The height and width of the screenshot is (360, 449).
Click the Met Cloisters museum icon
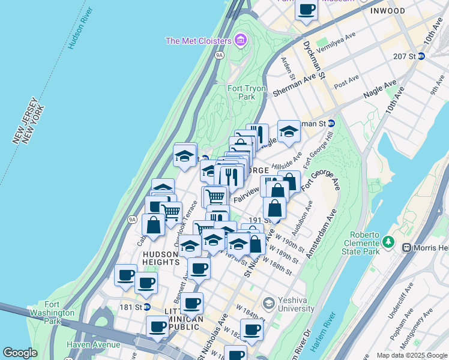coord(241,41)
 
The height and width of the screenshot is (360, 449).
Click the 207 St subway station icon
coord(421,56)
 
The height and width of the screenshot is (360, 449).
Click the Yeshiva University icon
coord(268,302)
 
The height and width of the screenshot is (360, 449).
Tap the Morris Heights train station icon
coord(406,247)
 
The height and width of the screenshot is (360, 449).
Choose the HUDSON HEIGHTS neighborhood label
coord(161,258)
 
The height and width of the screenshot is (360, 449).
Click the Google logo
coord(20,353)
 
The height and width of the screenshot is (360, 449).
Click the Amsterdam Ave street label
coord(321,233)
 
